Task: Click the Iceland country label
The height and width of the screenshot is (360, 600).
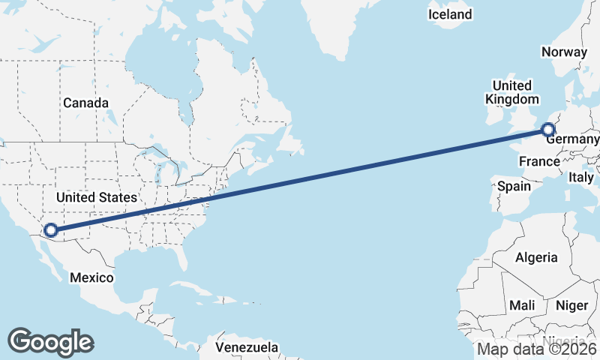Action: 450,14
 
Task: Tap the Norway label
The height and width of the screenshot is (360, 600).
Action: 563,52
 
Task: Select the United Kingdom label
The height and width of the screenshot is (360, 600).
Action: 511,92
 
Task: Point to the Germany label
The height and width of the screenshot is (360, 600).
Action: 572,140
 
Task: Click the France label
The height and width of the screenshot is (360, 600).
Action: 539,162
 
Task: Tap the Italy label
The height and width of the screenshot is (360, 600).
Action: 580,178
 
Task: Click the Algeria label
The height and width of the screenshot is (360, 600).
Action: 536,257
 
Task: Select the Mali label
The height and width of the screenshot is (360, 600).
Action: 521,305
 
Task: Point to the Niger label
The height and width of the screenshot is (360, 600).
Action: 571,305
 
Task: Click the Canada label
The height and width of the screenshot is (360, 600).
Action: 85,103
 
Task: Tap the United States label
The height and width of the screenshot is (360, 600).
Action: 97,197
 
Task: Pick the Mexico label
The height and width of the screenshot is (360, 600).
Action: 91,277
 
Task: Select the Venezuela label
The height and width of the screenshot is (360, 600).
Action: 247,347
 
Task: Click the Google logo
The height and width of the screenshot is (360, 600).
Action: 50,342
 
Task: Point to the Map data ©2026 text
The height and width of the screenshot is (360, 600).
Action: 537,349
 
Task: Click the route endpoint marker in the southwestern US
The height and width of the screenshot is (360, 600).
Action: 51,230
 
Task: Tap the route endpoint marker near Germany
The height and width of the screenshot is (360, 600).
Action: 548,130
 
